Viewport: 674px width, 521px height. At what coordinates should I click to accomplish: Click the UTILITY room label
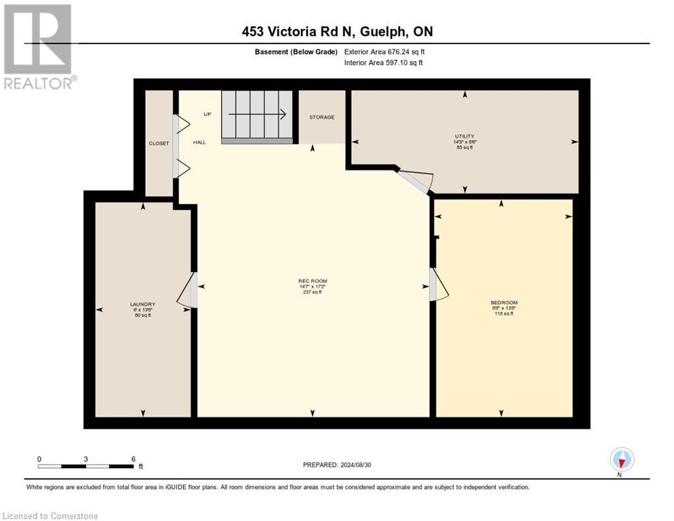(464, 136)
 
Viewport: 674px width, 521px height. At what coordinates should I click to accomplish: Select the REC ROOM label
(313, 281)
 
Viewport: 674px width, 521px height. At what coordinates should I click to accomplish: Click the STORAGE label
(321, 117)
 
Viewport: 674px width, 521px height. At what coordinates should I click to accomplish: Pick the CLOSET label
(159, 143)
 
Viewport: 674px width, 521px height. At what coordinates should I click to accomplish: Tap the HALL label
(199, 142)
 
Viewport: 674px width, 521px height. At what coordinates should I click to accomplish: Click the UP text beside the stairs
(207, 114)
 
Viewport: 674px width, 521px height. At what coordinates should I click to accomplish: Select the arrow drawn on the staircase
(258, 115)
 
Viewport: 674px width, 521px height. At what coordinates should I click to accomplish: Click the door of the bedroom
(438, 284)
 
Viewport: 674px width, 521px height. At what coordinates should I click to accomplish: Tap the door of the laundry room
(187, 290)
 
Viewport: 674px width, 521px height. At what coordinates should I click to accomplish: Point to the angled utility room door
(416, 180)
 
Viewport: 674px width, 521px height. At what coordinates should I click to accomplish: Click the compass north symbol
(622, 461)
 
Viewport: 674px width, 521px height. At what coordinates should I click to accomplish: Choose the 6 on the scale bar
(133, 459)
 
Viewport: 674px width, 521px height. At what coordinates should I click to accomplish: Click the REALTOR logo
(38, 47)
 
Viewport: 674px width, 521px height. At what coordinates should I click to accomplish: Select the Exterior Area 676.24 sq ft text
(385, 52)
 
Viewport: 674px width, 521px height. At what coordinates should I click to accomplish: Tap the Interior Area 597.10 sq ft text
(384, 62)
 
